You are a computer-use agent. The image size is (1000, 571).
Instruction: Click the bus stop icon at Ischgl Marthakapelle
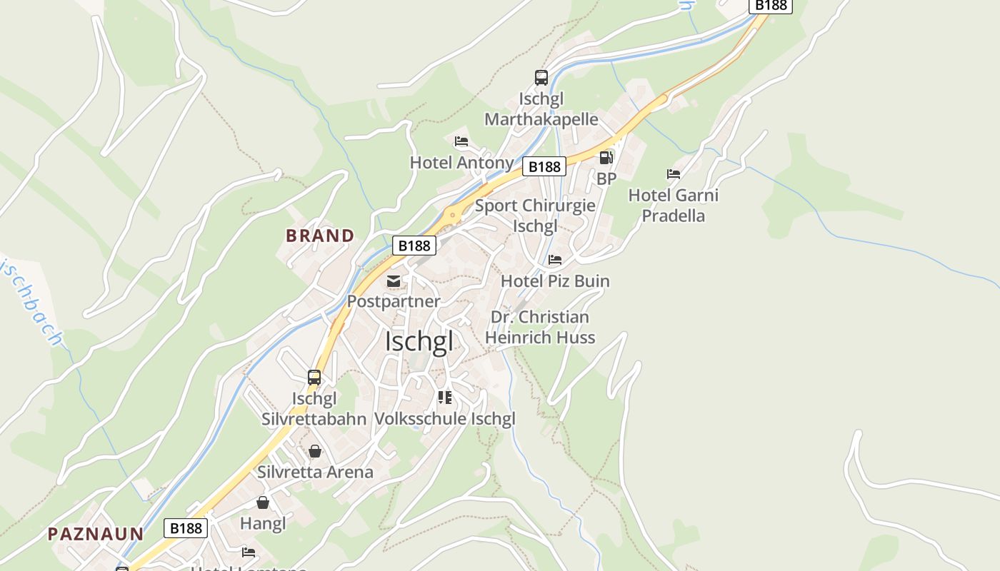(541, 77)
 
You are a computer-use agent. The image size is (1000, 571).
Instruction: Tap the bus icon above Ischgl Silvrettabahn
(314, 378)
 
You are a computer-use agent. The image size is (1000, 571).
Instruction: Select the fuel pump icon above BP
(606, 158)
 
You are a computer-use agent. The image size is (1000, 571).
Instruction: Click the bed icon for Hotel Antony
(461, 141)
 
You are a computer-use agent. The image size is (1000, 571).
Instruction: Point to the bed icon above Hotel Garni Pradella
(673, 173)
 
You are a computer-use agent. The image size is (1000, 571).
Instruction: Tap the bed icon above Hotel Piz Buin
(555, 260)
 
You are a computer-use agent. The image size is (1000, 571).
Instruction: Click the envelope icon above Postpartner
(394, 281)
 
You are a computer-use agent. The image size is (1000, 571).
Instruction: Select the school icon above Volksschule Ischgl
(445, 398)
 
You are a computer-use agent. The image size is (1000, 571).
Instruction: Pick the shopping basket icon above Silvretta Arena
(315, 451)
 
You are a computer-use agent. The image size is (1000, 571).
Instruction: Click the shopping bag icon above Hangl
(263, 502)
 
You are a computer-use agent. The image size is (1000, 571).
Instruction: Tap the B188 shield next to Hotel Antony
(544, 167)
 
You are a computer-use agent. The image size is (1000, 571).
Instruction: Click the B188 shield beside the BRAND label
(414, 246)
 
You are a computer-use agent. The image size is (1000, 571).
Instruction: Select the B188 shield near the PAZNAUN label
(186, 528)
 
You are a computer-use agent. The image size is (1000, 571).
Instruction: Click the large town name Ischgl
(419, 341)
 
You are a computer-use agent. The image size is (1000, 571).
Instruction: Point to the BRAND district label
(320, 236)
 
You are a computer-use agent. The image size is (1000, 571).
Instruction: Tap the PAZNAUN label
(96, 534)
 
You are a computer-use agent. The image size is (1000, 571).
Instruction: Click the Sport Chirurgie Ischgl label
(535, 216)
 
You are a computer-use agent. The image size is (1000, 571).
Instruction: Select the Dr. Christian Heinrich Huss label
(540, 327)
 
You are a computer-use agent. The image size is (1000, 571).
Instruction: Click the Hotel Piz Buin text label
(555, 281)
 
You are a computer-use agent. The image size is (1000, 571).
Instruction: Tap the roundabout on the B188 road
(451, 213)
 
